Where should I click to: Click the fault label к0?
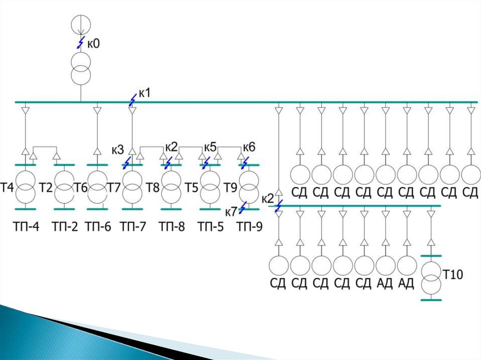(93, 44)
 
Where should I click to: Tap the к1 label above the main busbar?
(145, 92)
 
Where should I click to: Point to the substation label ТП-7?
(132, 227)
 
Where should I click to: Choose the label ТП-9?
(249, 227)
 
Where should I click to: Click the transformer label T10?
(453, 274)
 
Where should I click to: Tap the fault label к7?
(231, 212)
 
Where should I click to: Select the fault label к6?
(249, 147)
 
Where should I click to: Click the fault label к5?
(210, 147)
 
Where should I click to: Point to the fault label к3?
(118, 150)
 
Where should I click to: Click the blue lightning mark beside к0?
(80, 42)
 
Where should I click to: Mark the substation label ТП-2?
(64, 227)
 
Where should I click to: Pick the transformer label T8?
(153, 187)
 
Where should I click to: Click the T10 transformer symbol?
(431, 278)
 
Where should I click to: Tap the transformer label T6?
(81, 187)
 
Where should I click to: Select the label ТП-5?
(210, 227)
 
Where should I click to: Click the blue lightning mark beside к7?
(243, 207)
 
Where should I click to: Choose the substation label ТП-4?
(26, 227)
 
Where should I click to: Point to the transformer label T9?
(230, 187)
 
